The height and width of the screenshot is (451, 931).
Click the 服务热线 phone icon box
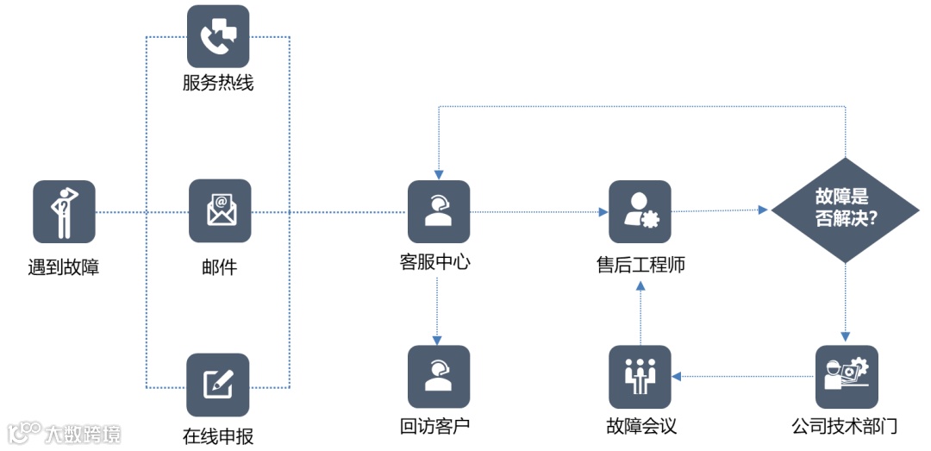click(x=218, y=36)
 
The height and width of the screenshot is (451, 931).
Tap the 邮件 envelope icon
click(x=220, y=210)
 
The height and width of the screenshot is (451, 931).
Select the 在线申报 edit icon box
click(x=218, y=385)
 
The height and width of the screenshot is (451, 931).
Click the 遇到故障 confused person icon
click(x=64, y=211)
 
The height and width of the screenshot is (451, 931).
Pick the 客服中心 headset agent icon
click(x=439, y=211)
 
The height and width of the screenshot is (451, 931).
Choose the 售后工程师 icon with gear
click(x=640, y=211)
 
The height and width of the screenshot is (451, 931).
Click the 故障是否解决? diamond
click(x=846, y=210)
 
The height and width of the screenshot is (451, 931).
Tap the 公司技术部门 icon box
click(x=847, y=377)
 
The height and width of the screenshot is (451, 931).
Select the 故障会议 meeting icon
click(x=640, y=377)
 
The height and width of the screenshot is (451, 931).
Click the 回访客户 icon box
click(x=439, y=377)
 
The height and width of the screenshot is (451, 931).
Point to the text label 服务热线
click(x=218, y=84)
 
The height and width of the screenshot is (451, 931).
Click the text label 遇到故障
click(x=64, y=266)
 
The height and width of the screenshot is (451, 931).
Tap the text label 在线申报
click(x=218, y=435)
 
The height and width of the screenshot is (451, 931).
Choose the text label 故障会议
click(x=640, y=426)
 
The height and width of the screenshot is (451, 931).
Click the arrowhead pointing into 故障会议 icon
click(x=678, y=376)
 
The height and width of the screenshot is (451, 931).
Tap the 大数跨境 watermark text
click(x=84, y=432)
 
